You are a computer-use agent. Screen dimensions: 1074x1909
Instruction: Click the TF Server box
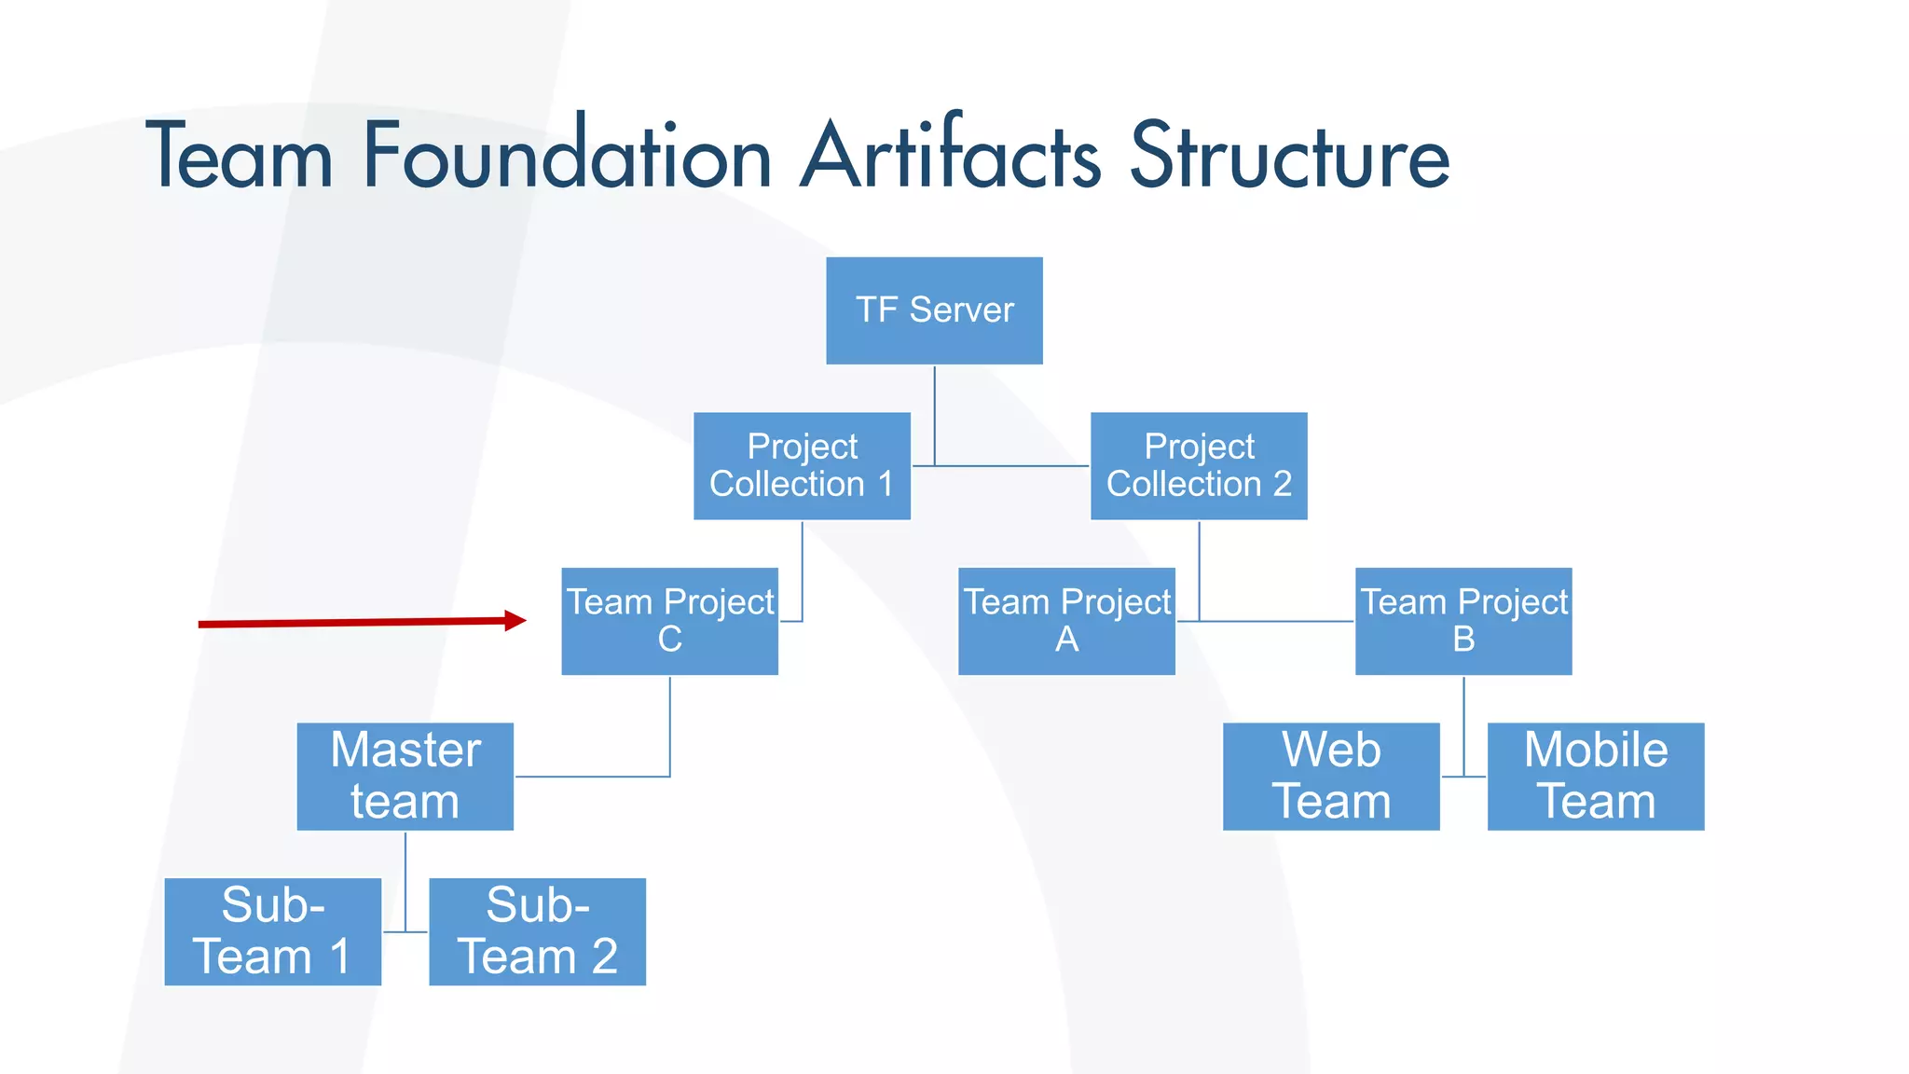[x=934, y=310]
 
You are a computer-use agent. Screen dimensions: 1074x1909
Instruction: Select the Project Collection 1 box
[x=802, y=465]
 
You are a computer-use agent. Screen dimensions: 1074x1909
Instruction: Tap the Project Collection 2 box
[x=1199, y=465]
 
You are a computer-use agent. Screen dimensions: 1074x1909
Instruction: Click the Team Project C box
[x=669, y=621]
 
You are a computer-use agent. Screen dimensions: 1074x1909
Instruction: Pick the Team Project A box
[x=1066, y=621]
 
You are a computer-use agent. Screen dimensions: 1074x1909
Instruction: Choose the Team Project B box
[x=1463, y=621]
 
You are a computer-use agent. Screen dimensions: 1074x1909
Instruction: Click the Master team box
[x=405, y=776]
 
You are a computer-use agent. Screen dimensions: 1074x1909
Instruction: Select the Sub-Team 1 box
[x=272, y=931]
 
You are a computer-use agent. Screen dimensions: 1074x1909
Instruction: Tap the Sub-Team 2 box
[x=537, y=931]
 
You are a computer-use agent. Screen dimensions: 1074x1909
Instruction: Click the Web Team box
[x=1331, y=776]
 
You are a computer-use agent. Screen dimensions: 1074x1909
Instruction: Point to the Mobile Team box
[x=1596, y=776]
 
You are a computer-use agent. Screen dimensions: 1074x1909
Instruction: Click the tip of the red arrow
[x=524, y=620]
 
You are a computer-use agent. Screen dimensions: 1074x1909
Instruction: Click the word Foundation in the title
[x=567, y=156]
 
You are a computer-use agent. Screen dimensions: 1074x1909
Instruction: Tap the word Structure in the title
[x=1290, y=156]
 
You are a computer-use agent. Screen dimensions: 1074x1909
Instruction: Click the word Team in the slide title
[x=240, y=156]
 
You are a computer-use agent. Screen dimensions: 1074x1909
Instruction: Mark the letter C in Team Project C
[x=669, y=640]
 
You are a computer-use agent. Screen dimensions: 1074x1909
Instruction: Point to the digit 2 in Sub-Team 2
[x=604, y=957]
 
